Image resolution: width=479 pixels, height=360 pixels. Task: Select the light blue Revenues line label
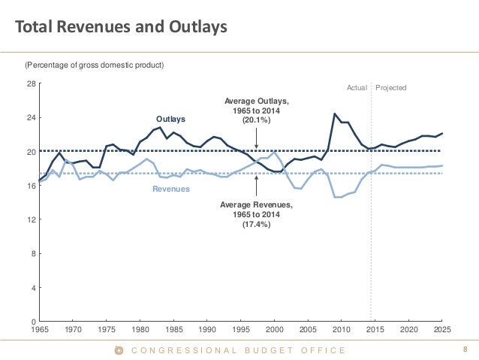tap(171, 189)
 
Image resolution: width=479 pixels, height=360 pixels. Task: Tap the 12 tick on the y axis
tap(31, 219)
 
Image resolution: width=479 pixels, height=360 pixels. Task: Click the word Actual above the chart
tap(357, 88)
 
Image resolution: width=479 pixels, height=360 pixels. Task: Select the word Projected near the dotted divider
tap(390, 88)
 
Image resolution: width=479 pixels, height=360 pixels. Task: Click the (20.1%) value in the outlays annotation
tap(257, 120)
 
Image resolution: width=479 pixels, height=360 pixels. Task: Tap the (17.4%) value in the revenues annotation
tap(257, 223)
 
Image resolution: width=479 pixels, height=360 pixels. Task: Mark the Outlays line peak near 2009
tap(335, 113)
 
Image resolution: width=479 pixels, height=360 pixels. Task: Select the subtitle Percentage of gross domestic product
tap(95, 65)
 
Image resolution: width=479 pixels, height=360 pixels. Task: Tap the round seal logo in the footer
tap(117, 350)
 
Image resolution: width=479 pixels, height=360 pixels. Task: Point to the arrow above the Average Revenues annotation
tap(257, 186)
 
